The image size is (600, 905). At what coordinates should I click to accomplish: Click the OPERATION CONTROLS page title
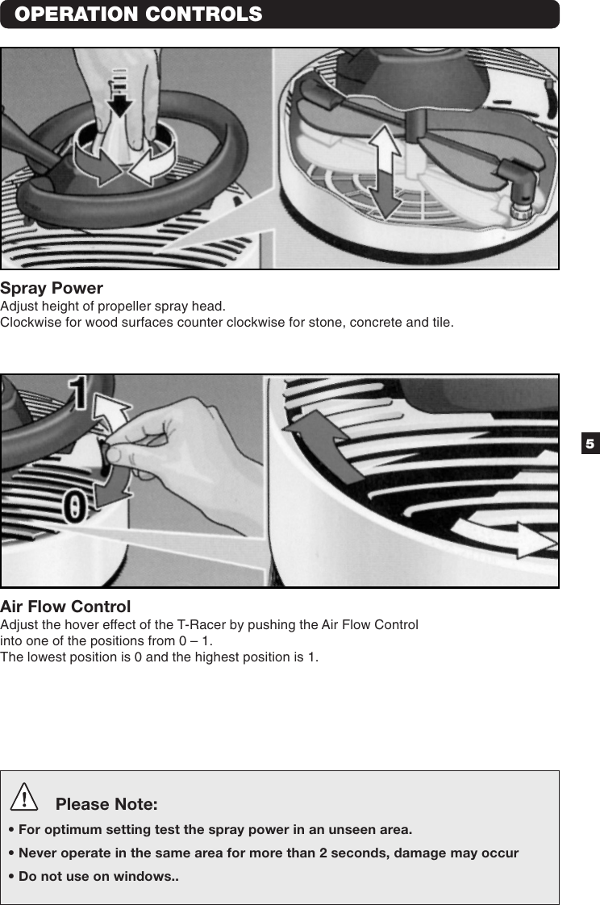[138, 15]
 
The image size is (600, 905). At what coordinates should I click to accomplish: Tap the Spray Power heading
[52, 288]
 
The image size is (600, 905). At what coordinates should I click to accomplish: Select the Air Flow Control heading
[65, 607]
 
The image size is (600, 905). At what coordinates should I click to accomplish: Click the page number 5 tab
[590, 444]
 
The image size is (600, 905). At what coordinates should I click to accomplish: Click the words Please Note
[106, 805]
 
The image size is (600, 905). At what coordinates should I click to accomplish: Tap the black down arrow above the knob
[119, 92]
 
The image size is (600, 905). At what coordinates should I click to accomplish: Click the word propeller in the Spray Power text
[119, 307]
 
